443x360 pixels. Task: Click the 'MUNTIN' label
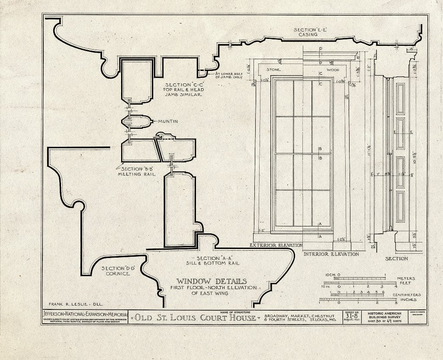(x=168, y=121)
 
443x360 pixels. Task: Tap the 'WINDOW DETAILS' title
(x=211, y=281)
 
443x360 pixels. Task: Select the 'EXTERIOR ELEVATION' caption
(x=276, y=245)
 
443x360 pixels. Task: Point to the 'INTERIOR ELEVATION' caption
(x=331, y=254)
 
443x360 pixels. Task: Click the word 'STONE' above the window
(x=273, y=70)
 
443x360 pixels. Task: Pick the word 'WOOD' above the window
(x=333, y=70)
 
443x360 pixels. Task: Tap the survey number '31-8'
(x=351, y=315)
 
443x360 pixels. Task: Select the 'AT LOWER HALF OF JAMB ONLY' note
(x=233, y=76)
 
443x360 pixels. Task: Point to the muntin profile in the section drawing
(x=138, y=121)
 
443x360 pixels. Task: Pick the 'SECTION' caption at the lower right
(x=396, y=258)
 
